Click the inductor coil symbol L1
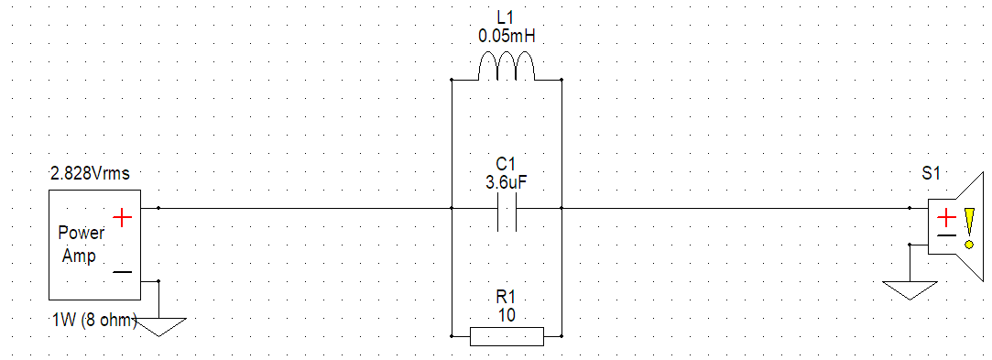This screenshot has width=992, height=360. coord(507,68)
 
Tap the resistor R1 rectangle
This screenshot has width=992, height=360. coord(507,335)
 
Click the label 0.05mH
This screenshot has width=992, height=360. coord(507,37)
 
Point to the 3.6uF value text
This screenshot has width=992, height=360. coord(507,182)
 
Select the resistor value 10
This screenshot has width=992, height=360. coord(507,314)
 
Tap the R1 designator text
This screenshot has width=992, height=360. coord(507,297)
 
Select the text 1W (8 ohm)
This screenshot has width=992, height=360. coord(93,320)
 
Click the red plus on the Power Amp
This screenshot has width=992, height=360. coord(122,216)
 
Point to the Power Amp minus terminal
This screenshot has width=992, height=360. coord(122,272)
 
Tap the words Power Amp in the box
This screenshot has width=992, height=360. coord(81,245)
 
